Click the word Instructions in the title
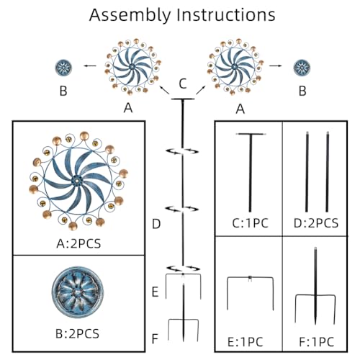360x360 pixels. (226, 14)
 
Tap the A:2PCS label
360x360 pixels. (78, 243)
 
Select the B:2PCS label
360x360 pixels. (77, 333)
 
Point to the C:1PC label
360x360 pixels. (250, 223)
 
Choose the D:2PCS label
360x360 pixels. (316, 223)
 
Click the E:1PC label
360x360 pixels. (245, 342)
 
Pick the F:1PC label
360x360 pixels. (317, 342)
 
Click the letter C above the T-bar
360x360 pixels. (183, 84)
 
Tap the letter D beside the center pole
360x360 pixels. (156, 224)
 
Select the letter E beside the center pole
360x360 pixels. (156, 292)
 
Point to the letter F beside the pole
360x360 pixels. (155, 338)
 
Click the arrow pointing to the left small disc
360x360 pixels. (90, 66)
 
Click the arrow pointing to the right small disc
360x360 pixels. (276, 66)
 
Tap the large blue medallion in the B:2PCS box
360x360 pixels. (78, 292)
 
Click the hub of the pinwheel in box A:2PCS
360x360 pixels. (77, 179)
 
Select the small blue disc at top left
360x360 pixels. (63, 68)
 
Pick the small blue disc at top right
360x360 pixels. (302, 68)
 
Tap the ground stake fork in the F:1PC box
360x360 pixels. (315, 295)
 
